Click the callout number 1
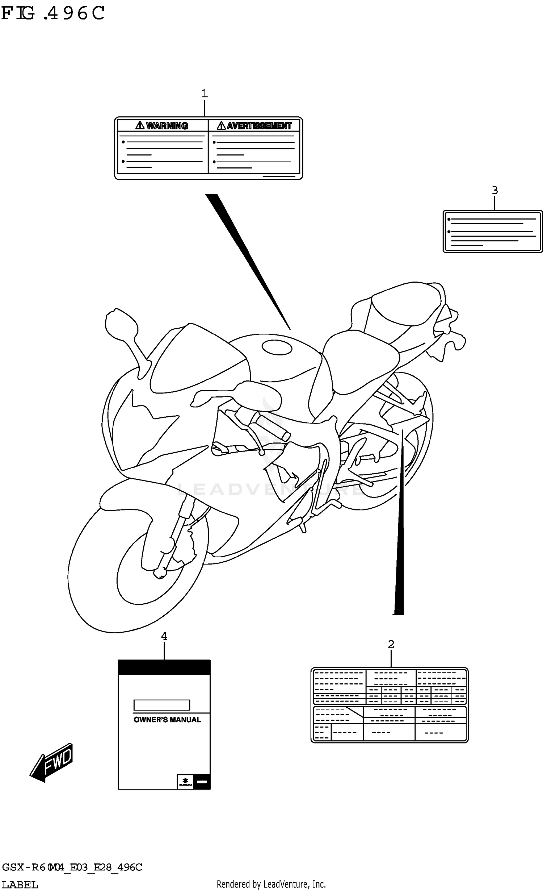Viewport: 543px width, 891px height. pyautogui.click(x=205, y=94)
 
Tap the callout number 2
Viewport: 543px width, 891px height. pyautogui.click(x=391, y=644)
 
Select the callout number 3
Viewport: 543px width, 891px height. pyautogui.click(x=495, y=190)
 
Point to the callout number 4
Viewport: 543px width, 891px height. pyautogui.click(x=164, y=636)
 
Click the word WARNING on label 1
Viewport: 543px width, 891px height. pyautogui.click(x=167, y=126)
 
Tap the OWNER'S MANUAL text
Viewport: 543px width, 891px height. pyautogui.click(x=167, y=720)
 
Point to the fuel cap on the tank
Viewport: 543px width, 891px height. pyautogui.click(x=277, y=348)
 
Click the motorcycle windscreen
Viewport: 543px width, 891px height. pyautogui.click(x=195, y=359)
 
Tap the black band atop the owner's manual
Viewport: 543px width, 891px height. pyautogui.click(x=164, y=667)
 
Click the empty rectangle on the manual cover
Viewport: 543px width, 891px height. pyautogui.click(x=161, y=705)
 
